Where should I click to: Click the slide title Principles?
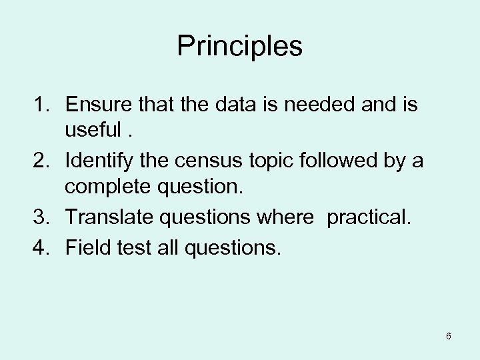click(240, 47)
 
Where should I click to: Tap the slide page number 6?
click(449, 336)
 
